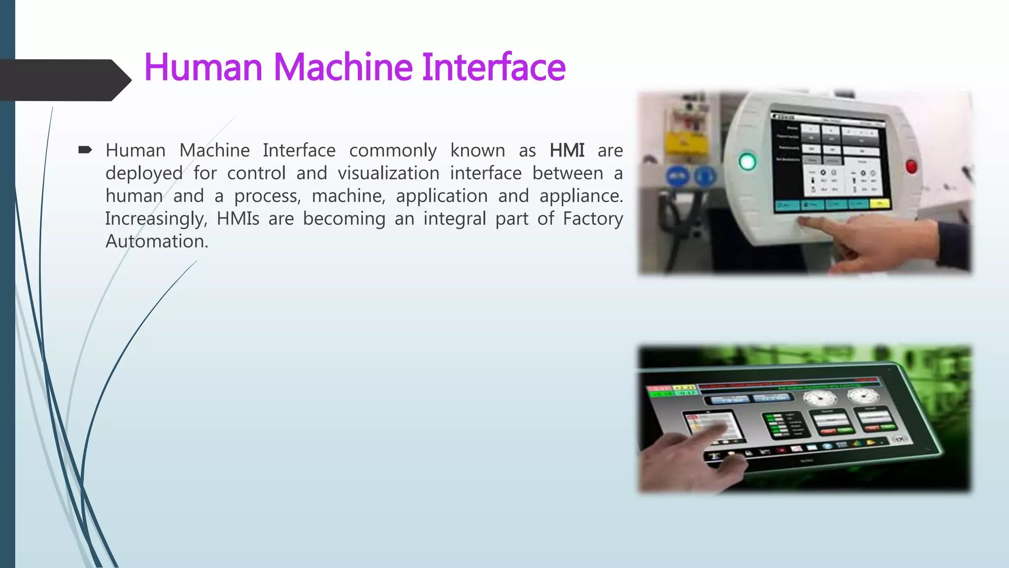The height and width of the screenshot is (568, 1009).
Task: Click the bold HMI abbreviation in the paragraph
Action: coord(567,150)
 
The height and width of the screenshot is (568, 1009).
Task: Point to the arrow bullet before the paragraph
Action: coord(85,150)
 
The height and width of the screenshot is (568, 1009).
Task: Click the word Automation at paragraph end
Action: coord(157,241)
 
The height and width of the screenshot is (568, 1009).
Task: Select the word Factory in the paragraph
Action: coord(593,218)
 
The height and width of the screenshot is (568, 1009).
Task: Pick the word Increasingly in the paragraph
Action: coord(156,218)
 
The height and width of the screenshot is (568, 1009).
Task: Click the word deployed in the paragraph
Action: coord(144,173)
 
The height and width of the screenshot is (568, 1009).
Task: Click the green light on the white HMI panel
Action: coord(747,162)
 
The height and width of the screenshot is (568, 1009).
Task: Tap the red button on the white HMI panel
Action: coord(911,166)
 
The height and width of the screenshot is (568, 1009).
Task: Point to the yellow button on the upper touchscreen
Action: coord(879,203)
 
